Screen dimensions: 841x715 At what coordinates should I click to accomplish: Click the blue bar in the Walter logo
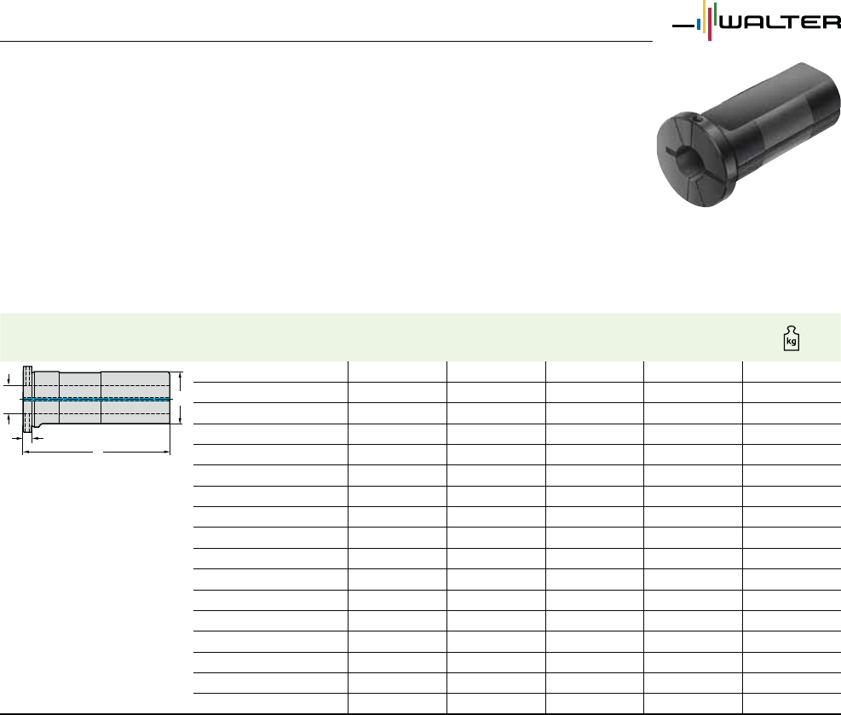(x=699, y=26)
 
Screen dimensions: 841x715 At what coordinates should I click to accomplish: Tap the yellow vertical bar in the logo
(x=704, y=17)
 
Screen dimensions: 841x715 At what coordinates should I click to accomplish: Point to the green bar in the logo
(x=715, y=14)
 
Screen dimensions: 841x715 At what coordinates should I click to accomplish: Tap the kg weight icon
(x=791, y=338)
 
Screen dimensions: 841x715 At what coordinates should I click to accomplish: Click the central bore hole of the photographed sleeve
(x=685, y=159)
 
